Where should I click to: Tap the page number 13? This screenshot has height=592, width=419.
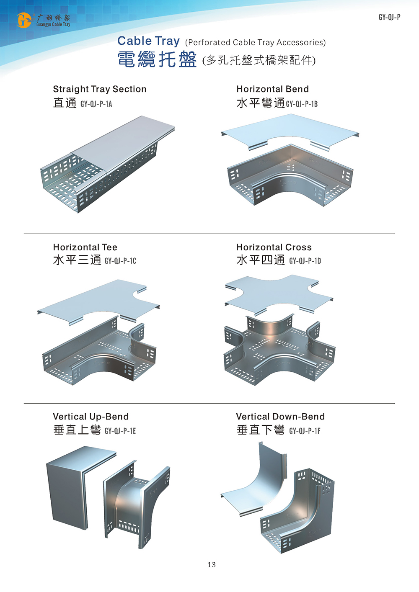pyautogui.click(x=212, y=565)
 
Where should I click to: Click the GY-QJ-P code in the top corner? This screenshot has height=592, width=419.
pyautogui.click(x=389, y=17)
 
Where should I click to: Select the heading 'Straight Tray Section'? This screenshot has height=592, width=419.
pyautogui.click(x=100, y=89)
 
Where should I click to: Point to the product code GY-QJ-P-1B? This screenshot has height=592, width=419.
pyautogui.click(x=302, y=104)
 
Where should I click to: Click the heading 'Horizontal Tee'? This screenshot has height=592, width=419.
pyautogui.click(x=85, y=247)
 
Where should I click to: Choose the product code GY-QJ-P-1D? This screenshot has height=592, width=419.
pyautogui.click(x=305, y=261)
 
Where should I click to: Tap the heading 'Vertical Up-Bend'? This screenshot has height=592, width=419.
pyautogui.click(x=91, y=417)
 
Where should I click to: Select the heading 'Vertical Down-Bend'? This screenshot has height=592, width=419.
pyautogui.click(x=280, y=417)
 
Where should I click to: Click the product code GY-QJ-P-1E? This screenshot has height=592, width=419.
pyautogui.click(x=120, y=431)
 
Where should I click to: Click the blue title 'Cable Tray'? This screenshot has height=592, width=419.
pyautogui.click(x=148, y=41)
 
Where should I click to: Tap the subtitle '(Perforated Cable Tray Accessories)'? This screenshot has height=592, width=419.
pyautogui.click(x=255, y=42)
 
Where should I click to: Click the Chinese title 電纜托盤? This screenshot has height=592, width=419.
pyautogui.click(x=157, y=60)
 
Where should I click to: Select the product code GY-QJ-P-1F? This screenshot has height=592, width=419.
pyautogui.click(x=305, y=431)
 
